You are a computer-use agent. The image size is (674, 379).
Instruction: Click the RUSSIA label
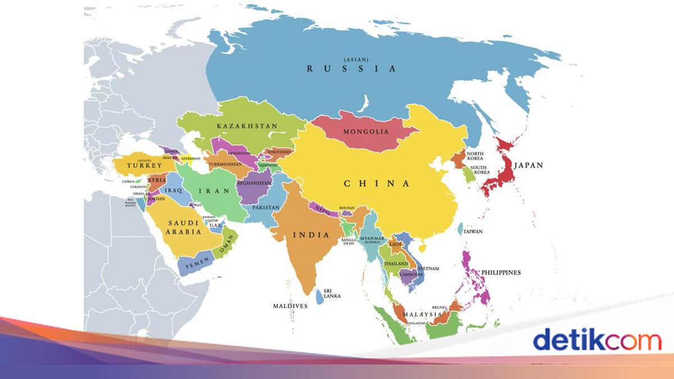[351, 69]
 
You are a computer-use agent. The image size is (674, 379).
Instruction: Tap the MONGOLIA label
[366, 132]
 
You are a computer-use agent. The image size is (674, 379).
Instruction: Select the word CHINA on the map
[376, 183]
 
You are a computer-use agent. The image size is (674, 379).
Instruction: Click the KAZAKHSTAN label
[247, 126]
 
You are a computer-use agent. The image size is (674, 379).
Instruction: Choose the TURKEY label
[140, 166]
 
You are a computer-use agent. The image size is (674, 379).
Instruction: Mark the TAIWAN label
[473, 231]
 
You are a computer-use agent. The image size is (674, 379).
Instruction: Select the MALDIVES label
[290, 306]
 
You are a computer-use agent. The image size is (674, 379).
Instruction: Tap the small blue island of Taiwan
[461, 229]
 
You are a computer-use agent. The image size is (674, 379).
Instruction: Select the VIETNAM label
[429, 268]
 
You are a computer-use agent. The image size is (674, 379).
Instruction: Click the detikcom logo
[596, 340]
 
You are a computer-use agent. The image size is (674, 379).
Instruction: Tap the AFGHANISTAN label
[254, 183]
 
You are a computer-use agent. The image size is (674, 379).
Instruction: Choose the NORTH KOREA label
[475, 156]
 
